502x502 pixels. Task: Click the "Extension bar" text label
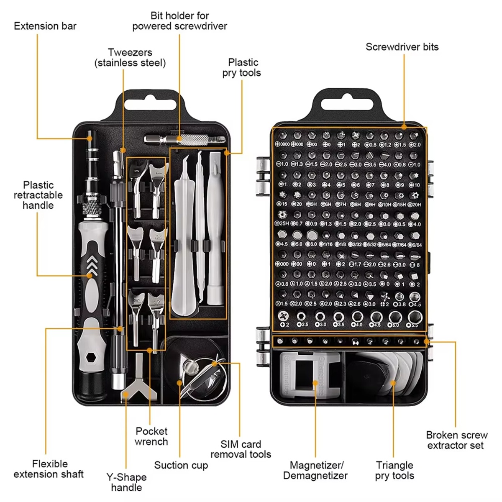tap(45, 26)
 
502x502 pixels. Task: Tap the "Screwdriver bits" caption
tap(402, 47)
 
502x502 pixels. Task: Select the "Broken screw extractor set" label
tap(456, 440)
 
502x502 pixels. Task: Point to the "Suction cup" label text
tap(181, 465)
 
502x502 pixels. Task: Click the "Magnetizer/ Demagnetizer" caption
tap(315, 470)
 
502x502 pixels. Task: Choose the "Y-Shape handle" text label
tap(126, 482)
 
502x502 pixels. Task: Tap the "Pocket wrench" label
tap(151, 436)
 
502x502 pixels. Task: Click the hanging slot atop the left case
tap(151, 103)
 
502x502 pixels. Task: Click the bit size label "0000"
tap(284, 144)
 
